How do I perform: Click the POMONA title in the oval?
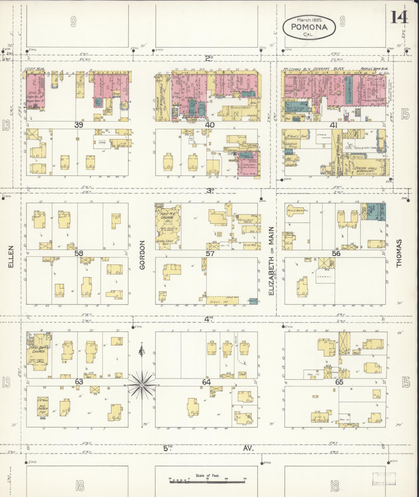coord(309,27)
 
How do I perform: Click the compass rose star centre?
coord(142,385)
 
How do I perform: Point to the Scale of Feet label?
coord(208,476)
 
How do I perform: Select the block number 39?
coord(79,125)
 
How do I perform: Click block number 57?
coord(210,253)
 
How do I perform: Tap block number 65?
coord(339,382)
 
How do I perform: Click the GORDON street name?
coord(142,255)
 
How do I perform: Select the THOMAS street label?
coord(399,253)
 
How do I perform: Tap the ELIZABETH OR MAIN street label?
coord(271,261)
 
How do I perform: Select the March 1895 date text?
coord(309,20)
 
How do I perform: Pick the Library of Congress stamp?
coord(384,479)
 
